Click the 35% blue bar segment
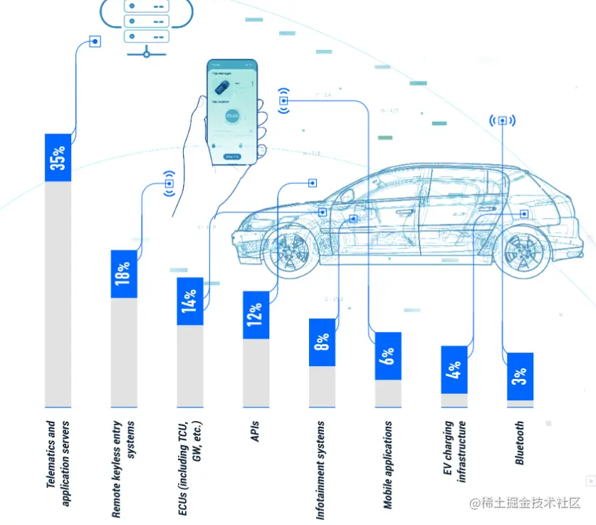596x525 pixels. (58, 157)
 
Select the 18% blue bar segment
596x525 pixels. (124, 274)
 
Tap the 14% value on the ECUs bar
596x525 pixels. (190, 301)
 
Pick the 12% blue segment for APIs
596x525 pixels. (256, 314)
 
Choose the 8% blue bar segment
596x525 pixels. (322, 342)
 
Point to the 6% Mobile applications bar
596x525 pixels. (388, 355)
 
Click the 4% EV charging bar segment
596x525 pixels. (454, 369)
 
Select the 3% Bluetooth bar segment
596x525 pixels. (520, 376)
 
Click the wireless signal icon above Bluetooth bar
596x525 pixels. (502, 120)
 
